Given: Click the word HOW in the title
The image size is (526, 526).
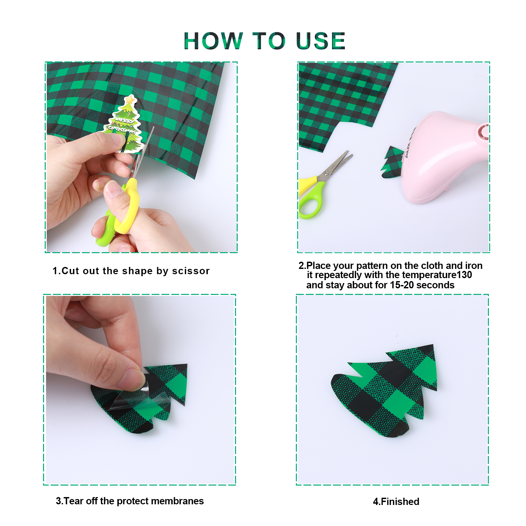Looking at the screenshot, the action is pos(213,41).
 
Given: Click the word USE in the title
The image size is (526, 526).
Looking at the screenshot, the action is pos(321,41).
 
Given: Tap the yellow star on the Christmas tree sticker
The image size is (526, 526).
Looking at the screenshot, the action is pos(130,99).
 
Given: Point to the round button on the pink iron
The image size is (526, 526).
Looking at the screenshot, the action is pos(484,131).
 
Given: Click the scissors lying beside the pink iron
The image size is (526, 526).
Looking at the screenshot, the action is pos(324,184).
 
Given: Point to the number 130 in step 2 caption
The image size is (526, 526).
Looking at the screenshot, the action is pos(464,275).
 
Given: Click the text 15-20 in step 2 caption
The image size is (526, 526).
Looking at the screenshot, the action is pos(402,285).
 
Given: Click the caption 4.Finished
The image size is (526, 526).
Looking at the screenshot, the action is pos(396,502).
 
